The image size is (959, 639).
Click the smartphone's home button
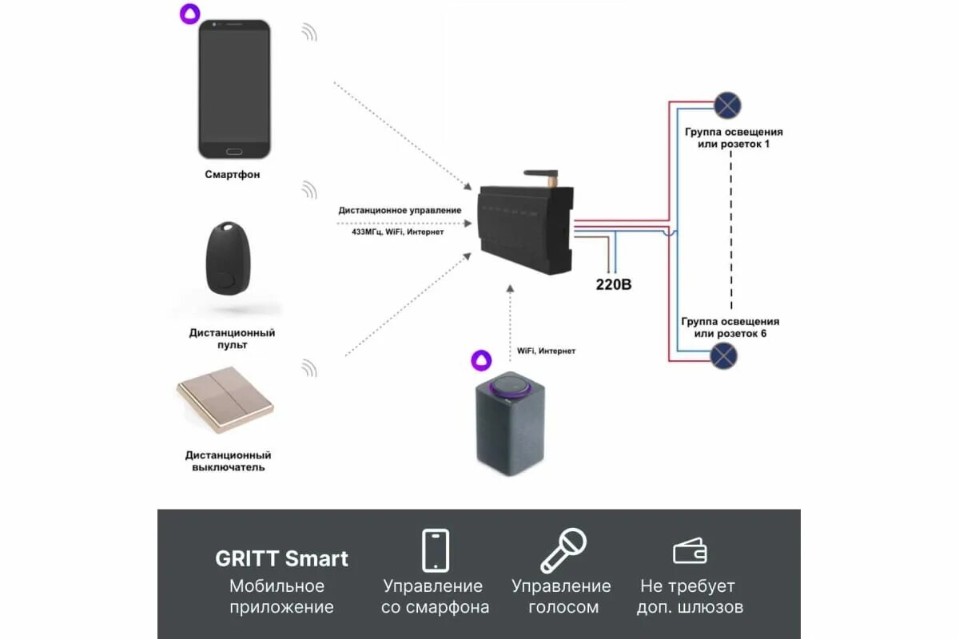pyautogui.click(x=234, y=150)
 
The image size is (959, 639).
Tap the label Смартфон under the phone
pyautogui.click(x=232, y=174)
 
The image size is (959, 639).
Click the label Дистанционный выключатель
pyautogui.click(x=229, y=461)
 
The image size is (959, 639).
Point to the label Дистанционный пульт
pyautogui.click(x=232, y=339)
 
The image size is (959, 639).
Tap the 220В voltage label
pyautogui.click(x=614, y=284)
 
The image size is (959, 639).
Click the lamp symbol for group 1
pyautogui.click(x=727, y=105)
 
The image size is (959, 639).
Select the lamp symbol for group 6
pyautogui.click(x=724, y=355)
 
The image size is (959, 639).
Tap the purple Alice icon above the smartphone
pyautogui.click(x=189, y=13)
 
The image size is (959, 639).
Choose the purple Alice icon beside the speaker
pyautogui.click(x=479, y=360)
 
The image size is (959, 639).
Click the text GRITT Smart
pyautogui.click(x=281, y=558)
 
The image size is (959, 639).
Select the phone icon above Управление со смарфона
pyautogui.click(x=435, y=550)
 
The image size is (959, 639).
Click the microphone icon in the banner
pyautogui.click(x=563, y=550)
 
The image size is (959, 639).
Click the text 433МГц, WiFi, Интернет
pyautogui.click(x=392, y=232)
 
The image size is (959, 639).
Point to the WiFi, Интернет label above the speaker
pyautogui.click(x=546, y=351)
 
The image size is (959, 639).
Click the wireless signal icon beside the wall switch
pyautogui.click(x=309, y=368)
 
